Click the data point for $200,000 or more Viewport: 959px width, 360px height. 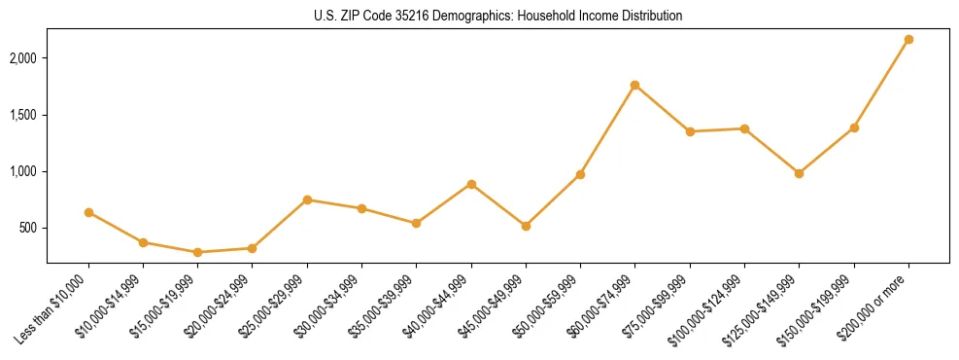908,40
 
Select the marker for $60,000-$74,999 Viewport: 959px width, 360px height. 634,86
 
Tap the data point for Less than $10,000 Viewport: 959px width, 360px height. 88,212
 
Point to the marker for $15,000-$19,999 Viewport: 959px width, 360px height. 197,252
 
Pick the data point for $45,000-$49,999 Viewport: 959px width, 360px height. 526,226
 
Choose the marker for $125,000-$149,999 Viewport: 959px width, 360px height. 799,173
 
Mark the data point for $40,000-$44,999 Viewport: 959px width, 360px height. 471,184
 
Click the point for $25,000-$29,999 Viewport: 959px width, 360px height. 307,199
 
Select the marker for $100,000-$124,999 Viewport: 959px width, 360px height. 744,128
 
